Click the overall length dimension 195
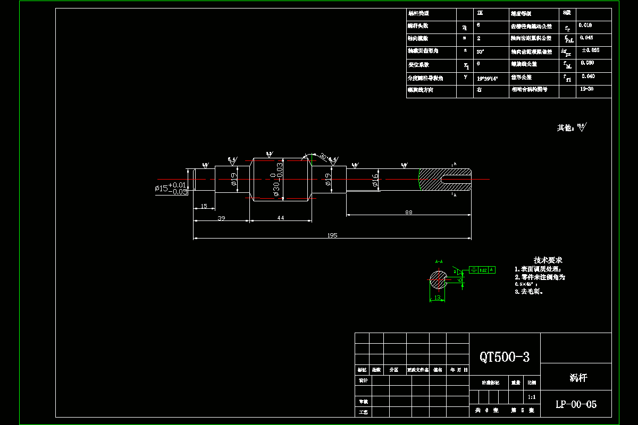pos(332,235)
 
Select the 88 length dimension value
pos(408,212)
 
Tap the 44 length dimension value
pos(280,218)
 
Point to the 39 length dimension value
pos(221,218)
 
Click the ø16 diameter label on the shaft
pos(375,180)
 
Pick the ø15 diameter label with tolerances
pos(171,188)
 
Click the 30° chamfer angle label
pos(323,156)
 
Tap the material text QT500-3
pos(505,357)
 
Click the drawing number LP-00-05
pos(576,404)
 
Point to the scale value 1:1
pos(531,397)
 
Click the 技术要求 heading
pos(548,260)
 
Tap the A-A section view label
pos(439,262)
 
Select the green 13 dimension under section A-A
pos(437,299)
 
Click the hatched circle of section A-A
pos(438,280)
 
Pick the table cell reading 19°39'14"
pos(487,78)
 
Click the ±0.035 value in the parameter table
pos(591,50)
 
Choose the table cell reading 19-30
pos(587,89)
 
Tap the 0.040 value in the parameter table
pos(587,76)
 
